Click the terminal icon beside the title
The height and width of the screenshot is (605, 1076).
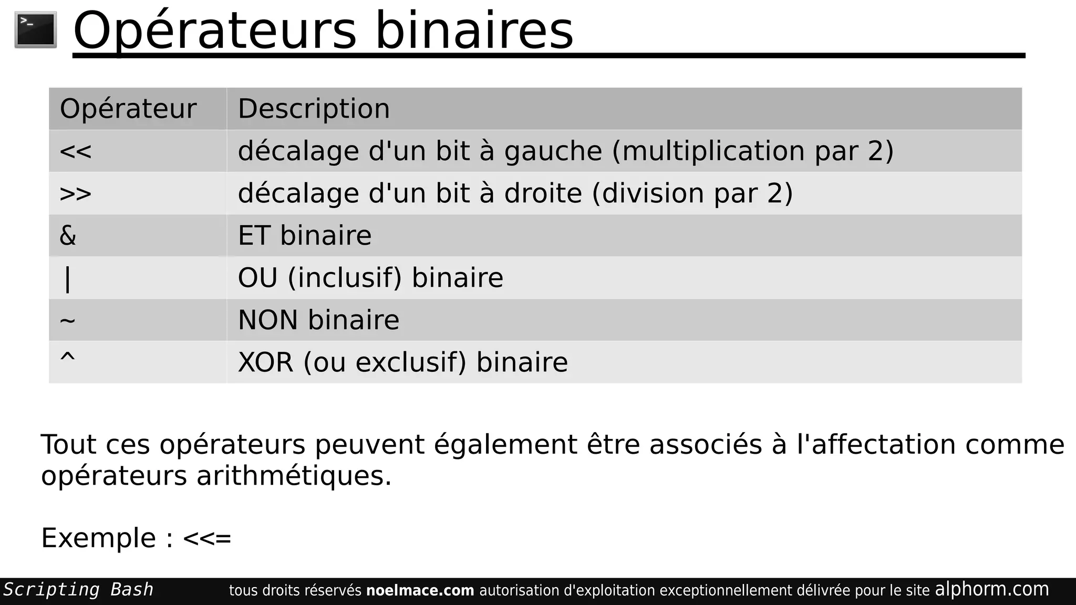pyautogui.click(x=36, y=30)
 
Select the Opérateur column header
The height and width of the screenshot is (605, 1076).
pyautogui.click(x=128, y=109)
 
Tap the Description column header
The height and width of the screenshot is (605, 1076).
pyautogui.click(x=314, y=109)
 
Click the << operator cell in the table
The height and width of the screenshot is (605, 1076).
pyautogui.click(x=76, y=152)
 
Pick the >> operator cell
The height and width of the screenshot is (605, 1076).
pyautogui.click(x=76, y=194)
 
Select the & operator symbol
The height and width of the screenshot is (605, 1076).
pyautogui.click(x=68, y=235)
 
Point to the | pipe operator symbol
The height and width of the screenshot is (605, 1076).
pyautogui.click(x=67, y=278)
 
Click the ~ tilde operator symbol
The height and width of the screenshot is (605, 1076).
pyautogui.click(x=68, y=320)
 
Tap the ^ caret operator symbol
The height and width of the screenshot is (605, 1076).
pyautogui.click(x=68, y=358)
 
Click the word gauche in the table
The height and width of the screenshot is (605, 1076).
pyautogui.click(x=553, y=151)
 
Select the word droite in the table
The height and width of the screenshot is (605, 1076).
pyautogui.click(x=543, y=193)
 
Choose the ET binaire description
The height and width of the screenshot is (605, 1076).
pyautogui.click(x=305, y=235)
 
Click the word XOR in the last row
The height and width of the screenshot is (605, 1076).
pyautogui.click(x=265, y=362)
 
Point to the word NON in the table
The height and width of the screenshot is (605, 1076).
pyautogui.click(x=268, y=320)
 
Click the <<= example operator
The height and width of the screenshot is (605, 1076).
pyautogui.click(x=207, y=538)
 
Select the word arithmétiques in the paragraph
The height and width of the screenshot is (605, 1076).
pyautogui.click(x=294, y=476)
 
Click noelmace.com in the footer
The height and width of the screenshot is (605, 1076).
pyautogui.click(x=420, y=590)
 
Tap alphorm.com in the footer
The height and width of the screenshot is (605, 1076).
pyautogui.click(x=992, y=589)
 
